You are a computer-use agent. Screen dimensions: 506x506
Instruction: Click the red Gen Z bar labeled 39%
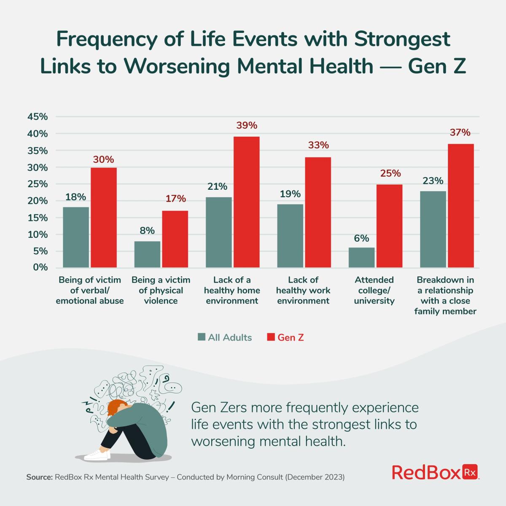[x=247, y=202]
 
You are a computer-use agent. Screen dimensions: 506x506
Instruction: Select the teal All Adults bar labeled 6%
[x=361, y=257]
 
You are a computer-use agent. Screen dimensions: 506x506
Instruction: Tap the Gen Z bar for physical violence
[x=175, y=239]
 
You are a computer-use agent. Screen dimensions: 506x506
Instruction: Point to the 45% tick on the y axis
[x=38, y=117]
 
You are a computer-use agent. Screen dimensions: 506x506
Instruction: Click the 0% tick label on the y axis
[x=40, y=267]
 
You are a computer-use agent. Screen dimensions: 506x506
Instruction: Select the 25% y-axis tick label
[x=38, y=184]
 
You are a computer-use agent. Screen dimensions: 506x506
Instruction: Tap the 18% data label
[x=76, y=197]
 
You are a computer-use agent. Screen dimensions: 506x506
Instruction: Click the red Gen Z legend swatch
[x=271, y=337]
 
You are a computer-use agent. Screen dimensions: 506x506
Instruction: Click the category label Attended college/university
[x=374, y=290]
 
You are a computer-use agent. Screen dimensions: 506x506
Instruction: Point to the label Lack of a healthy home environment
[x=232, y=290]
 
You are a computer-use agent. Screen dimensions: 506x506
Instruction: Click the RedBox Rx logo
[x=436, y=472]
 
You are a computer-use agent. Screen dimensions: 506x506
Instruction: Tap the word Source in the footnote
[x=39, y=477]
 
